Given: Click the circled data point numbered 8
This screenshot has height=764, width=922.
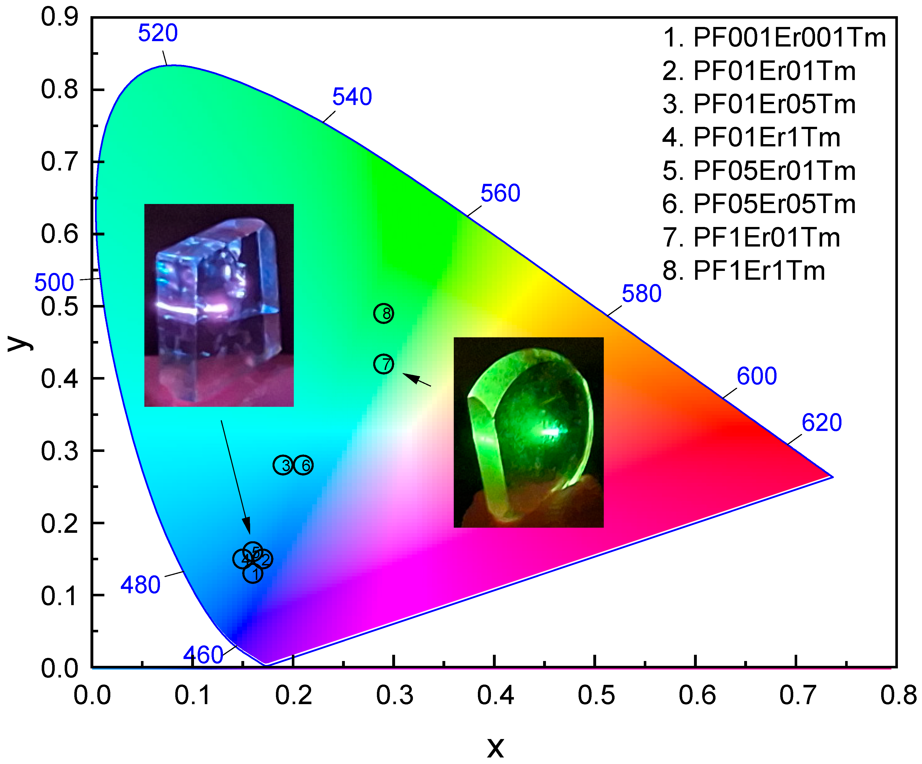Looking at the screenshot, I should point(383,313).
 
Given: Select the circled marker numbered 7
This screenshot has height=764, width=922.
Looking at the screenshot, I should point(383,364).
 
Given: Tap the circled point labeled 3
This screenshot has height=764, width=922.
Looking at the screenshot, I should point(283,465).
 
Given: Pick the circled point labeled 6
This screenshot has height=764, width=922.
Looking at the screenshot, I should point(303,465).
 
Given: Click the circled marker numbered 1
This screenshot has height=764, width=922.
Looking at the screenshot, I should point(253,573).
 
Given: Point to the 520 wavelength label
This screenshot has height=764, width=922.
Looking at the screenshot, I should point(158,33).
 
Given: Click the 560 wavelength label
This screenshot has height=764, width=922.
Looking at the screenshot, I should point(500,193).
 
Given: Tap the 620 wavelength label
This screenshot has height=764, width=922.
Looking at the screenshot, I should point(821,423).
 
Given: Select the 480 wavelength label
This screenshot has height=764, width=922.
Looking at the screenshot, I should point(140,585).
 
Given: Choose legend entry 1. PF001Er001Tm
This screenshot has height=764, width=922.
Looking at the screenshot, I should point(774,37).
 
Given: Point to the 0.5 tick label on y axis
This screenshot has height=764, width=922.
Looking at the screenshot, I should point(59,306).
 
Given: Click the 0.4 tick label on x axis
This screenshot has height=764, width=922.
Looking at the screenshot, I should point(495,695).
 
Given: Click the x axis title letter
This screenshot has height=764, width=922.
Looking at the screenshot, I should point(495,746).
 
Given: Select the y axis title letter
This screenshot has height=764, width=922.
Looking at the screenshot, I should point(20,343).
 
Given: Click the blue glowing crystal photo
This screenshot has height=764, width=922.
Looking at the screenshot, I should point(219,305).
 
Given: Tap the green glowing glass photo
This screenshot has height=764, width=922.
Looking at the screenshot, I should point(528,432).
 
